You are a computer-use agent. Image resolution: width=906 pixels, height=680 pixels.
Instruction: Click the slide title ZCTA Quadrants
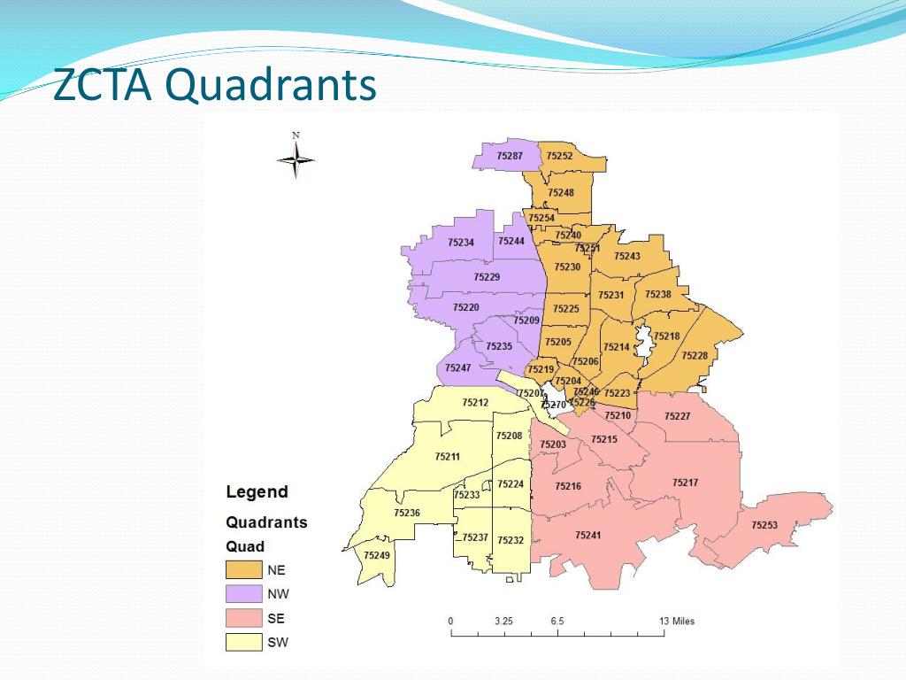pyautogui.click(x=215, y=87)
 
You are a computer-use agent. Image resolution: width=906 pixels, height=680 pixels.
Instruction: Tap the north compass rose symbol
pyautogui.click(x=296, y=159)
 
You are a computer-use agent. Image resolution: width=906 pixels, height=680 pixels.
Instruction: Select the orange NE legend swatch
pyautogui.click(x=244, y=569)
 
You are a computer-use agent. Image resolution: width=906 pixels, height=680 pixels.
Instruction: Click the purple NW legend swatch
pyautogui.click(x=244, y=594)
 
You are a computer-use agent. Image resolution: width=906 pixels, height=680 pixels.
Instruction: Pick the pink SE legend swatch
pyautogui.click(x=244, y=618)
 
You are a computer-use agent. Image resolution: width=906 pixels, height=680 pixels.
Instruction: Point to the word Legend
pyautogui.click(x=257, y=492)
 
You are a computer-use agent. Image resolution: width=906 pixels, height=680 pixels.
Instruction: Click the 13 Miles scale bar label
pyautogui.click(x=677, y=621)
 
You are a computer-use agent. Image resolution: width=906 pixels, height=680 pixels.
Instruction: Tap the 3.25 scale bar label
pyautogui.click(x=503, y=621)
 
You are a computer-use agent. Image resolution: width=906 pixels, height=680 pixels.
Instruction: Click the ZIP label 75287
pyautogui.click(x=510, y=156)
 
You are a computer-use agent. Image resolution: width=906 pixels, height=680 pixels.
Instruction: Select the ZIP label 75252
pyautogui.click(x=559, y=156)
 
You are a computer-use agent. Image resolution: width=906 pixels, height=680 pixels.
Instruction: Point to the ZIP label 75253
pyautogui.click(x=764, y=525)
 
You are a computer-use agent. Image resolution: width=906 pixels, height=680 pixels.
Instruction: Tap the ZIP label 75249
pyautogui.click(x=376, y=555)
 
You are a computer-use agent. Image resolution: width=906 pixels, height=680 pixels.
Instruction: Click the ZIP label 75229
pyautogui.click(x=487, y=277)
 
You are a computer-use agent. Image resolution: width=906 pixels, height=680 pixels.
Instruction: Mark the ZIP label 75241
pyautogui.click(x=587, y=535)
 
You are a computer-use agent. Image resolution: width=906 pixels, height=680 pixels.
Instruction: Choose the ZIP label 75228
pyautogui.click(x=694, y=355)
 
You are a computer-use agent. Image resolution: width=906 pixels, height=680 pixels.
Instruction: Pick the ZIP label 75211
pyautogui.click(x=447, y=457)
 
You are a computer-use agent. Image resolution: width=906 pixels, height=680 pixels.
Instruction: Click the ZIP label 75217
pyautogui.click(x=685, y=483)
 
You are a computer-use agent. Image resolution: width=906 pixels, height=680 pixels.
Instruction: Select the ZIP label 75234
pyautogui.click(x=461, y=242)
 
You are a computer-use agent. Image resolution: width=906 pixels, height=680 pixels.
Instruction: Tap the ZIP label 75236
pyautogui.click(x=407, y=513)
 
